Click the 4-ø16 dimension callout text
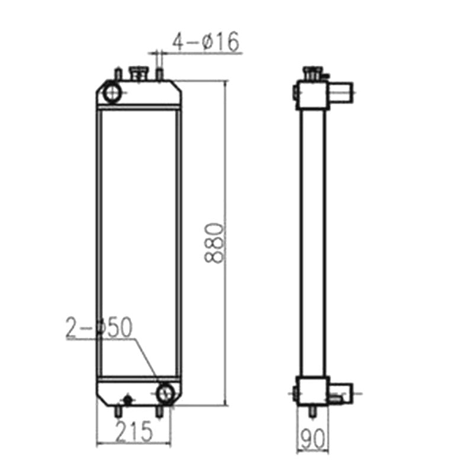[x=205, y=41]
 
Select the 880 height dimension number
[x=214, y=243]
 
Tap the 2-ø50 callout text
[x=99, y=327]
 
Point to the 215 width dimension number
[x=133, y=431]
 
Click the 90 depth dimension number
[x=311, y=439]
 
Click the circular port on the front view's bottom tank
[x=166, y=393]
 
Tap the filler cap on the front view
[x=140, y=74]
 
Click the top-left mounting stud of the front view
[x=118, y=75]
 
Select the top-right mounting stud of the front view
[x=159, y=75]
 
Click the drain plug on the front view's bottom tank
[x=126, y=399]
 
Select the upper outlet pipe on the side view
[x=341, y=92]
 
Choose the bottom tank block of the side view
[x=312, y=391]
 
